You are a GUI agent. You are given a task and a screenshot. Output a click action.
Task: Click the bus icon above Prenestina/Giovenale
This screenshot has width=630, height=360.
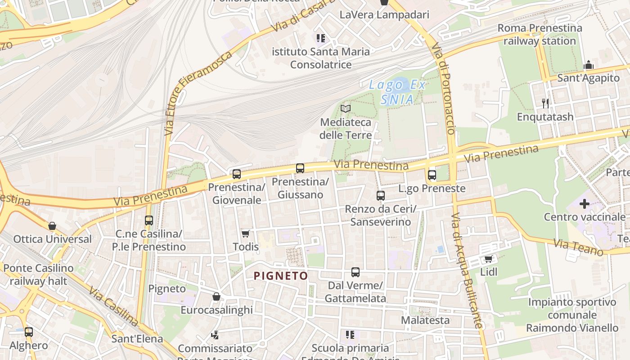(237, 174)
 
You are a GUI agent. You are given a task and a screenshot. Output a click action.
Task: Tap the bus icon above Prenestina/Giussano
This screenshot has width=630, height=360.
(300, 168)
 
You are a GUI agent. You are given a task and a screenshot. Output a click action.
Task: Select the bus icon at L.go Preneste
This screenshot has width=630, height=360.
(432, 175)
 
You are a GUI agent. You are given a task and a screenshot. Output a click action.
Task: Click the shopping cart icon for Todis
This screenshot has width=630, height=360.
(245, 234)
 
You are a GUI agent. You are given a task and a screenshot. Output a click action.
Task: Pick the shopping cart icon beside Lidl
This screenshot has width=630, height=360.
(488, 259)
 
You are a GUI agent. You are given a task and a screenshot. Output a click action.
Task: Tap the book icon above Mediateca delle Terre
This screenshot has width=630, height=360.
(346, 108)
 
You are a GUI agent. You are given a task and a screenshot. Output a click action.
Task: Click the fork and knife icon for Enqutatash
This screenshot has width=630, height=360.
(545, 103)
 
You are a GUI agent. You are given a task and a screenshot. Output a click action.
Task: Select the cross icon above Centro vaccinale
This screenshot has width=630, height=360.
(584, 204)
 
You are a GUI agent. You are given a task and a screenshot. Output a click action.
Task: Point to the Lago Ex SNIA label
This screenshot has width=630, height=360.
(397, 92)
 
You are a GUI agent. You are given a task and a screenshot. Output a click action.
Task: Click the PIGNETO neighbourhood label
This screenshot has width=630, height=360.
(281, 276)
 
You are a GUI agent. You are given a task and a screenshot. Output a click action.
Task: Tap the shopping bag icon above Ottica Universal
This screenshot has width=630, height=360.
(52, 226)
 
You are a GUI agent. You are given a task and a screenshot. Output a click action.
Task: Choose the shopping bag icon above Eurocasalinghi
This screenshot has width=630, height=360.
(216, 297)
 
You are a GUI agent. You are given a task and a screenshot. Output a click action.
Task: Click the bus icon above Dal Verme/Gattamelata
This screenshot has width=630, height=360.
(355, 272)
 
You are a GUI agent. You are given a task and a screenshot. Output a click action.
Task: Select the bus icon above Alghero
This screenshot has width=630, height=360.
(29, 332)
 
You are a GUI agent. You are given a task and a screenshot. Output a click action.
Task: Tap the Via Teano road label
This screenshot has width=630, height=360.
(578, 247)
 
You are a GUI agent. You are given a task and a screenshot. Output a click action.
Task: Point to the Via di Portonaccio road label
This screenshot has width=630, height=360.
(444, 88)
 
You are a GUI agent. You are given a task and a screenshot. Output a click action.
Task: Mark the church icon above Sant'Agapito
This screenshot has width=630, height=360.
(589, 65)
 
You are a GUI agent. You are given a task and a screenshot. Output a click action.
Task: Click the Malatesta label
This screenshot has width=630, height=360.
(425, 320)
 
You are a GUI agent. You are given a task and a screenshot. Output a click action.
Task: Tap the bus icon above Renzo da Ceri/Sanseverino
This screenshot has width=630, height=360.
(381, 196)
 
